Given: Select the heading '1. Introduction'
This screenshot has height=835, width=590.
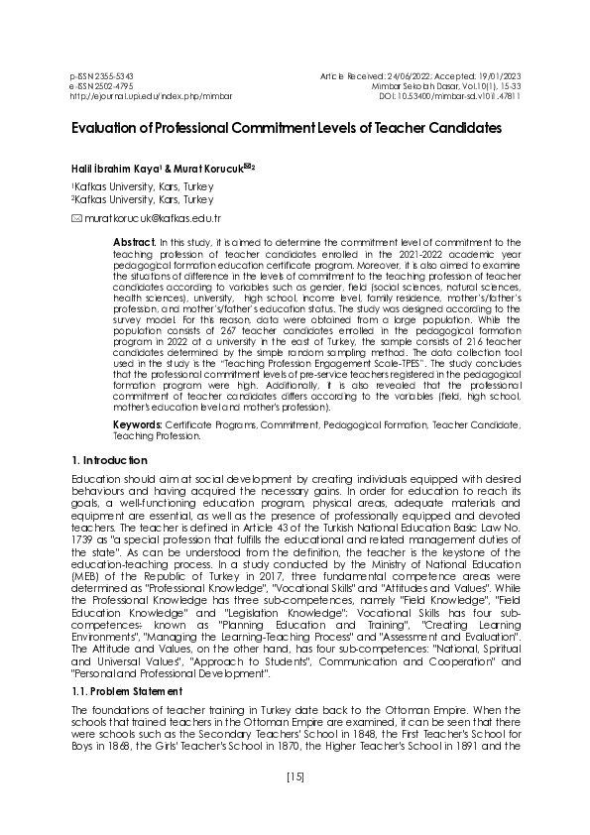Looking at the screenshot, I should point(110,462).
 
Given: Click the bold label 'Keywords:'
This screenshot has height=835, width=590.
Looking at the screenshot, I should point(137,423).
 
